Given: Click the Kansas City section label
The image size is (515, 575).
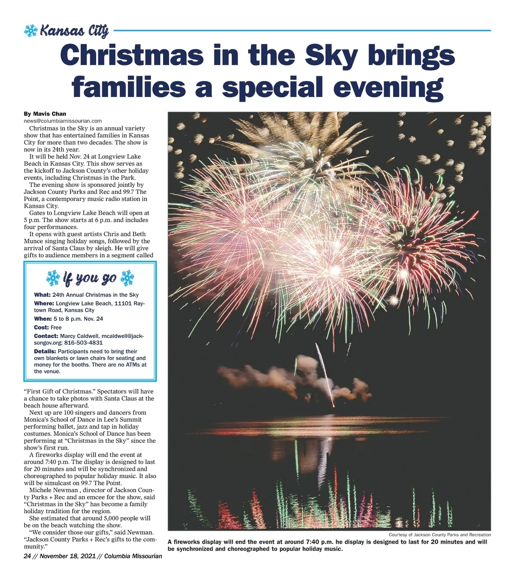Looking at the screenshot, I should pyautogui.click(x=74, y=31).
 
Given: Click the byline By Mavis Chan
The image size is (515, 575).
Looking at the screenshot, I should pyautogui.click(x=45, y=114).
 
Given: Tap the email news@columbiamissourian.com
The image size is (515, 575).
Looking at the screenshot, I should pyautogui.click(x=63, y=121).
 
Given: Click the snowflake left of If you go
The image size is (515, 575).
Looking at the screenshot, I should pyautogui.click(x=53, y=278).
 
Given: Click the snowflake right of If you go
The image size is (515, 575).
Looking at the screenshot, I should pyautogui.click(x=127, y=278).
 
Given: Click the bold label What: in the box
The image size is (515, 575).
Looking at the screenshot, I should pyautogui.click(x=42, y=295).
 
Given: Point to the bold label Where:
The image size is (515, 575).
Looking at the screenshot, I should pyautogui.click(x=44, y=303).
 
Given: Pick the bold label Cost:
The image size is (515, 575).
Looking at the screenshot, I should pyautogui.click(x=41, y=327).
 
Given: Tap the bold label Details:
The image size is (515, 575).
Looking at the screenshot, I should pyautogui.click(x=45, y=351).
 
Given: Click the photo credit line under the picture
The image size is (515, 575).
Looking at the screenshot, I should pyautogui.click(x=439, y=535).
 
